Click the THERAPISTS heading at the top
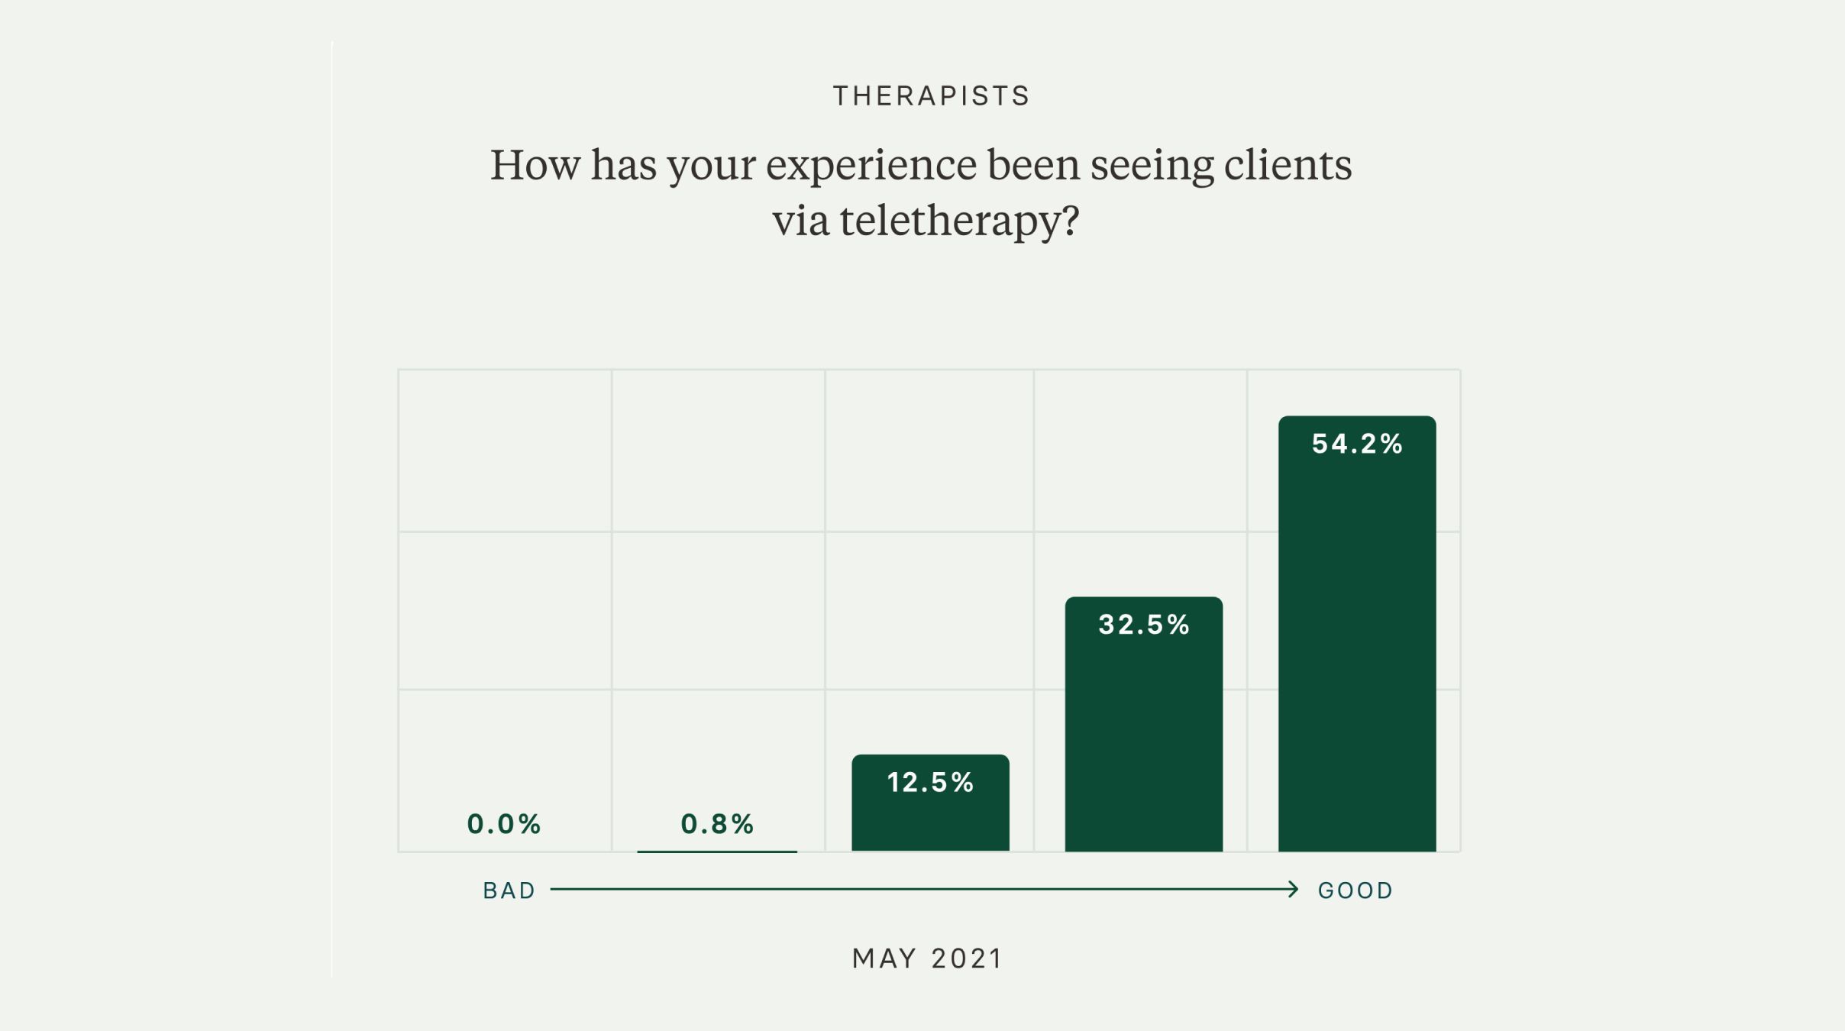931,96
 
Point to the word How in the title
535,165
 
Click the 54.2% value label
1357,444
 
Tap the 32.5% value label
1144,625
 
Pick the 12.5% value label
930,782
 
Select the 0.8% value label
717,824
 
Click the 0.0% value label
504,824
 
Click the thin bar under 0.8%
717,851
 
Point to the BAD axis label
509,890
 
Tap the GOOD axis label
1355,890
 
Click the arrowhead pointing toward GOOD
1293,889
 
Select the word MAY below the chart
884,958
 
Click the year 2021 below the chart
967,958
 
